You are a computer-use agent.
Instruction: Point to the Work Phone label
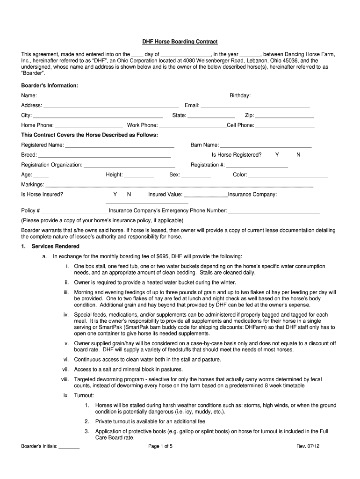143,125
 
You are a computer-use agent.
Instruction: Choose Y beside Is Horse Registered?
277,155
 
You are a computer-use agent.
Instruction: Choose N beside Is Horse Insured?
129,194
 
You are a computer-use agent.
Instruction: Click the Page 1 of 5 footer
160,446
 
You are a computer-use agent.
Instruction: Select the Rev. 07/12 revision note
308,446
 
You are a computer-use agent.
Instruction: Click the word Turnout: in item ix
84,395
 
